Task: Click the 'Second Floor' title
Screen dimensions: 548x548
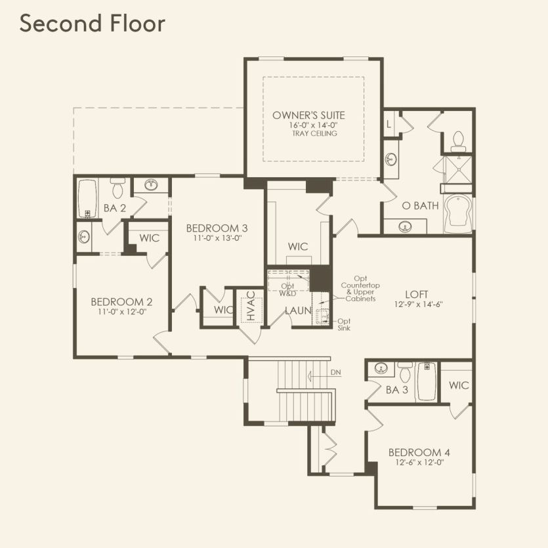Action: (x=92, y=23)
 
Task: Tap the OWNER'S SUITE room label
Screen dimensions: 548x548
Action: (x=308, y=116)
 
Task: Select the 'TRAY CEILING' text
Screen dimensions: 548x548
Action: (x=314, y=134)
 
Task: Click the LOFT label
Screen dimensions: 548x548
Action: (x=417, y=295)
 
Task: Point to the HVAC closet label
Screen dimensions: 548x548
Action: (x=250, y=307)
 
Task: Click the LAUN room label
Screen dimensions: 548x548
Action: (x=298, y=311)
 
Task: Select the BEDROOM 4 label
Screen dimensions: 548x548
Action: (x=419, y=452)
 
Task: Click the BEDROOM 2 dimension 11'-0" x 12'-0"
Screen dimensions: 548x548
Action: (x=121, y=312)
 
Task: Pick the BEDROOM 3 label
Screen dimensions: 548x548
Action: (x=217, y=228)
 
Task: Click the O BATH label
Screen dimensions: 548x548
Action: (x=420, y=205)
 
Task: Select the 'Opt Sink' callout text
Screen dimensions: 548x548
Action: (x=344, y=324)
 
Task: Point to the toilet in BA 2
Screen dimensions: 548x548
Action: (x=118, y=188)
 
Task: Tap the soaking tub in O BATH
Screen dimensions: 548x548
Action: (x=457, y=214)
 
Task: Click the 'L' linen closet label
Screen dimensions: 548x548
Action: (x=389, y=123)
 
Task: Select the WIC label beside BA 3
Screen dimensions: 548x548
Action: (x=459, y=385)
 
